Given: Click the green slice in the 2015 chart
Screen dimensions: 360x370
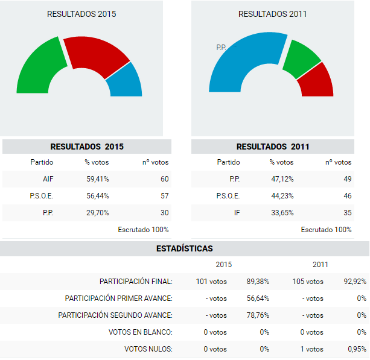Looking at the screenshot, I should coord(37,66).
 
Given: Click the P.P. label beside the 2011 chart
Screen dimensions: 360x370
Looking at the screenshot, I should coord(221,46).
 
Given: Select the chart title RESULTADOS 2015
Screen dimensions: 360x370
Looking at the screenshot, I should coord(81,14).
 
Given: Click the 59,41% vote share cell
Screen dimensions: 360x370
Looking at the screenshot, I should coord(97,179).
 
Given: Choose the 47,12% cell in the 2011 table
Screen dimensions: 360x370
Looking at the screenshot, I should coord(281,179).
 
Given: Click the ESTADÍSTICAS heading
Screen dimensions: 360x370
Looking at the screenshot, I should coord(184,248).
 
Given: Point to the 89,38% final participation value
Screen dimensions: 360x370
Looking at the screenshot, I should coord(257,282).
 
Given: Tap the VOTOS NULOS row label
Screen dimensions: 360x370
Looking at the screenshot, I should coord(148,349).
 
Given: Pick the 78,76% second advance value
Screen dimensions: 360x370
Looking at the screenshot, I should coord(257,315).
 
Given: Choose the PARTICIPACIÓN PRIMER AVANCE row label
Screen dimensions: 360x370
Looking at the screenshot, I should coord(118,298).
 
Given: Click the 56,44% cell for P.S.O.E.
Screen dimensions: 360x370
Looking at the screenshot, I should coord(97,196).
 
